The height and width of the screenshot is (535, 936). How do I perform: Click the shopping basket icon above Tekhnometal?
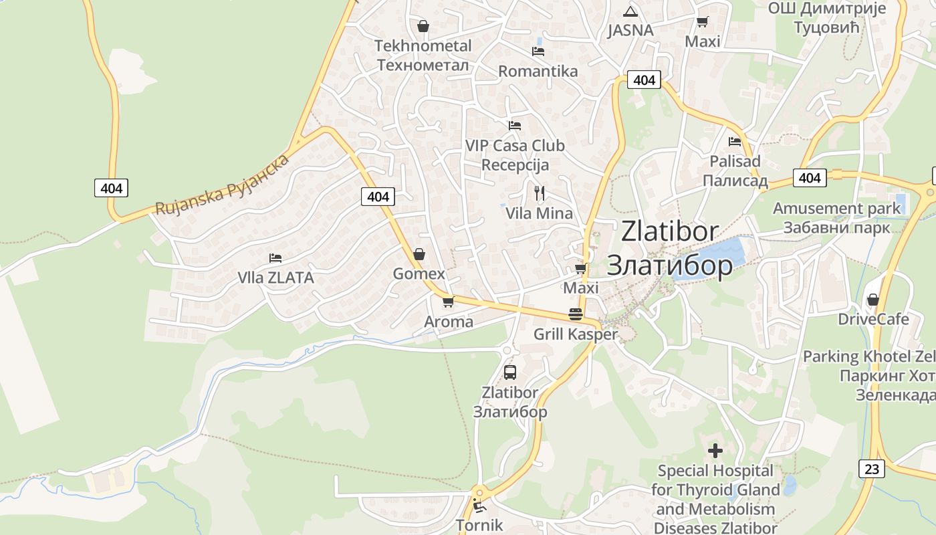click(423, 27)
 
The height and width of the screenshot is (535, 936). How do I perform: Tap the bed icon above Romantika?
click(538, 51)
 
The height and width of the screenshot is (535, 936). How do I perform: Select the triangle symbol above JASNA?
click(630, 12)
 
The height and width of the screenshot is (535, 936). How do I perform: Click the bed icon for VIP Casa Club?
click(514, 125)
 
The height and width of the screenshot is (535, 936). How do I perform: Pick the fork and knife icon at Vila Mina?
click(540, 193)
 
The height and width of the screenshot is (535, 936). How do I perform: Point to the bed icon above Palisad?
click(735, 142)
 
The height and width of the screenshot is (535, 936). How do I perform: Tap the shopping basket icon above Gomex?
click(419, 254)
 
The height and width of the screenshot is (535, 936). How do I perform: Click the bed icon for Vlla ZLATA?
click(275, 258)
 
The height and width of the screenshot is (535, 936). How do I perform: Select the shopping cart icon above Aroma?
click(448, 302)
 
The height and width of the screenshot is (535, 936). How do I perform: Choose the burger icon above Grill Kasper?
click(575, 314)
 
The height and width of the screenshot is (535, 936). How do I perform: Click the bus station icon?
click(509, 372)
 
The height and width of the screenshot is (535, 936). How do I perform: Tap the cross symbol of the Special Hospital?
click(715, 451)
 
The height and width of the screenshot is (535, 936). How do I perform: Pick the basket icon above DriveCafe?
click(872, 300)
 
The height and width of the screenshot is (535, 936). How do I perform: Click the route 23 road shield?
click(871, 468)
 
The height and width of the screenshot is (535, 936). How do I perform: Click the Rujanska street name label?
click(223, 185)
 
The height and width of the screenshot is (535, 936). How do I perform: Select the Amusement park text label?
click(836, 209)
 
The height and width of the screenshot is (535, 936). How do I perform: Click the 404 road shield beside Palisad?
click(809, 178)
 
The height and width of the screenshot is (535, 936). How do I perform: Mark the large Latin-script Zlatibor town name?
click(670, 231)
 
